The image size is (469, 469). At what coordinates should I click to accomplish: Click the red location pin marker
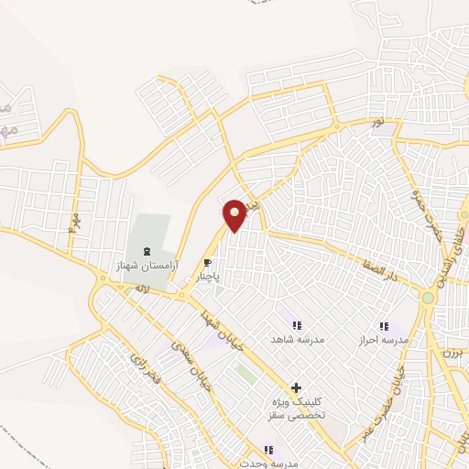pos(235,214)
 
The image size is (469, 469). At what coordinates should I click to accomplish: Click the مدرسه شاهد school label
pos(292,339)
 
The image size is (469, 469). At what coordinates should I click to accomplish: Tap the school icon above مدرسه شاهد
pos(295,325)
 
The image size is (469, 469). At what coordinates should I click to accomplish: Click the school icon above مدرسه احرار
pos(384,326)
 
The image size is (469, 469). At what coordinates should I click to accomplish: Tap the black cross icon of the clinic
pos(296,388)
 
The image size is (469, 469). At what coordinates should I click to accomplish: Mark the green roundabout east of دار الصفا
pos(428,298)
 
